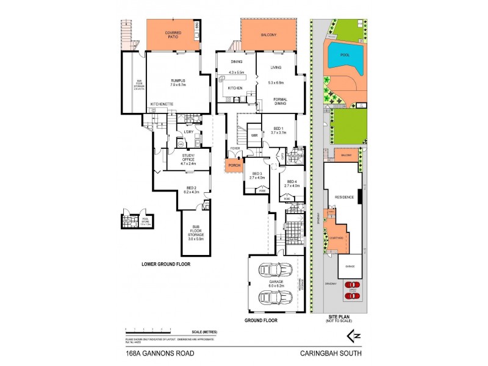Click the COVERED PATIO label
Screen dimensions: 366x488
173,34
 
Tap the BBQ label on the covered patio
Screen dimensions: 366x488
197,25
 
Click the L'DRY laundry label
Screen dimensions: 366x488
188,132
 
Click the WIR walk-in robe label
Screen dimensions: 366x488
254,135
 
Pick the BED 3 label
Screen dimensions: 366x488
256,175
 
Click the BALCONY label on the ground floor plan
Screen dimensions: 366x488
269,35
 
